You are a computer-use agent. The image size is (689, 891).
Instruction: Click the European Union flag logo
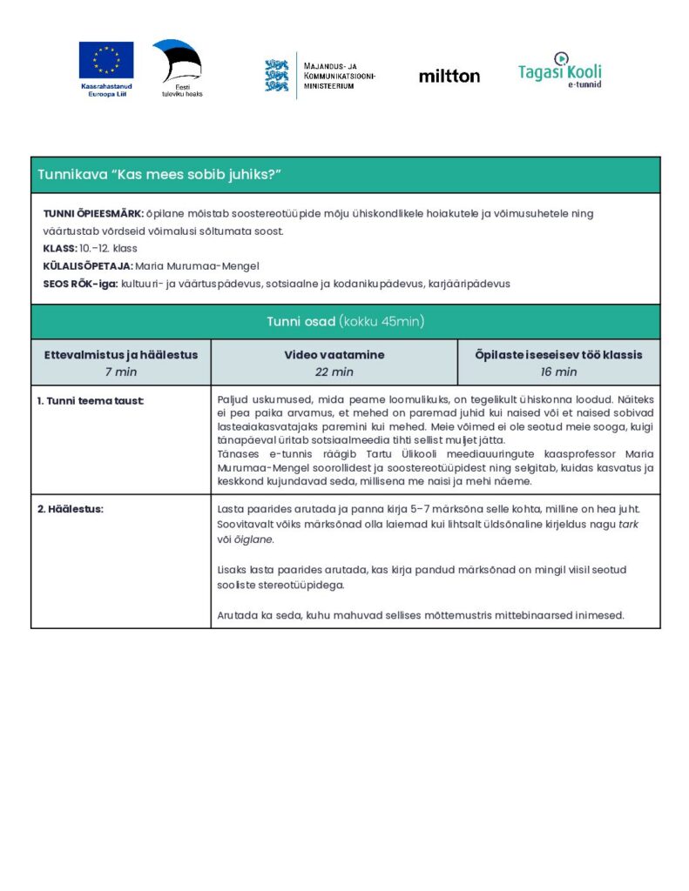pos(106,60)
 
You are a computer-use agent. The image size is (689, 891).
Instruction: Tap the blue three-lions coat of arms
pos(277,76)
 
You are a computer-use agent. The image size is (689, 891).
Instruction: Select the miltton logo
pos(449,77)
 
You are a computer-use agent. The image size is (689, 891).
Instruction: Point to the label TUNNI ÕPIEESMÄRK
pos(93,213)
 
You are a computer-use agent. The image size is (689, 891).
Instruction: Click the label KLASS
pos(59,249)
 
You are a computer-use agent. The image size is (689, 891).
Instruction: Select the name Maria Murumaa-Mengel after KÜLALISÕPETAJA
pos(198,266)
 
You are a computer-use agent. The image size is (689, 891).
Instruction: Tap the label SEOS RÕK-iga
pos(81,284)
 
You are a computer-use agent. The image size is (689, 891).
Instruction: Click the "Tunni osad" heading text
pos(301,322)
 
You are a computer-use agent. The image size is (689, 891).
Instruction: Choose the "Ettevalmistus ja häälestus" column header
pos(121,355)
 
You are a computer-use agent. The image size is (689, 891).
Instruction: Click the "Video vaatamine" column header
pos(334,355)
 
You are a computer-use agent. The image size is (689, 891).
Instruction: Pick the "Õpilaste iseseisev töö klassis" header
pos(558,355)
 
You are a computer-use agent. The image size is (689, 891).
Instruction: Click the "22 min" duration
pos(334,372)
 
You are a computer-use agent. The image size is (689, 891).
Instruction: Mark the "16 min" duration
pos(558,372)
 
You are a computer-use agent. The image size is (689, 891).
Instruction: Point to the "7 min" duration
pos(121,372)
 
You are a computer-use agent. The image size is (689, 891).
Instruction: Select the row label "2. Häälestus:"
pos(70,509)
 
